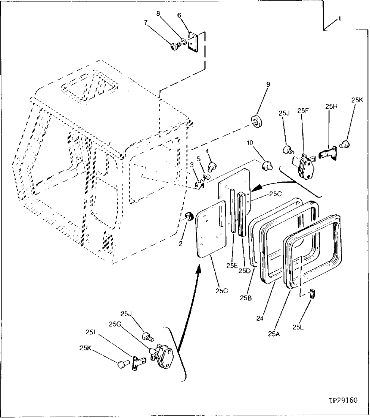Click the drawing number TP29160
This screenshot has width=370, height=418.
(x=343, y=400)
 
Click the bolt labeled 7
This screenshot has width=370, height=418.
(x=174, y=46)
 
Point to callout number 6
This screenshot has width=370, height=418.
(x=179, y=15)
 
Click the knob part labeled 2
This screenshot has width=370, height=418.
(x=189, y=216)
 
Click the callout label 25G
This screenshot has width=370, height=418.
(x=115, y=324)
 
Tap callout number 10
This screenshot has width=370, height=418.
(x=250, y=142)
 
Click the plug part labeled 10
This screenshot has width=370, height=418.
(x=267, y=165)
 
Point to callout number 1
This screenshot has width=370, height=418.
(x=339, y=19)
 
